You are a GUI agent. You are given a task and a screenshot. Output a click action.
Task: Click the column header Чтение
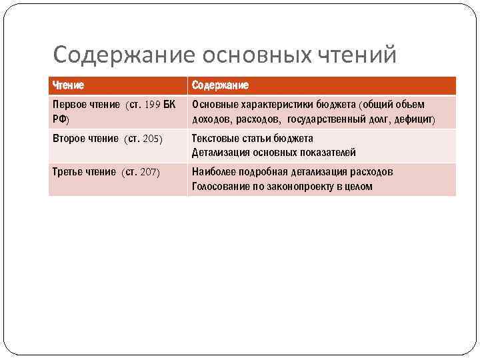(68, 85)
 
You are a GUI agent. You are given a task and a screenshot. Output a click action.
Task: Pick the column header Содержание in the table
(220, 85)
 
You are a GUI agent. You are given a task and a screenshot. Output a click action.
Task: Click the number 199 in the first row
(151, 105)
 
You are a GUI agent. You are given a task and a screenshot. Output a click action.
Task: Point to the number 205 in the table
(153, 139)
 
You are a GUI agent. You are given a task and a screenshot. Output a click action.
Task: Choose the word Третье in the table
(67, 172)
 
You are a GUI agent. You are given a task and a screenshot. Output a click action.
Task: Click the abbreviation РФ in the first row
(59, 119)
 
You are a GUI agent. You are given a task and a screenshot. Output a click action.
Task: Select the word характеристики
(273, 105)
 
